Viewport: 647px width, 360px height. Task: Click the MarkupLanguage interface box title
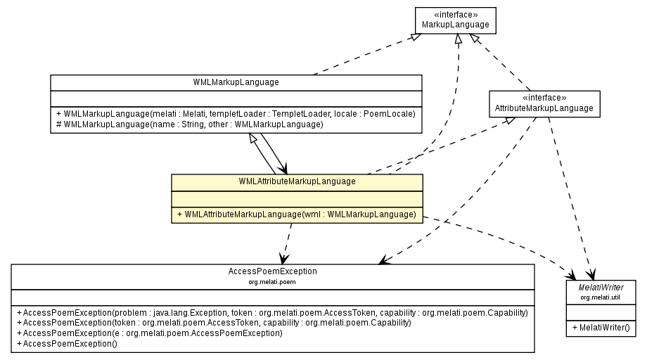[455, 25]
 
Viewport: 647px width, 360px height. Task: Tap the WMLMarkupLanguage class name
[236, 82]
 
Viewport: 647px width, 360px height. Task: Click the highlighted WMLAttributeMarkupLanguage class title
[297, 181]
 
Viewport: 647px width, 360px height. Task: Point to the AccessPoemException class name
[272, 271]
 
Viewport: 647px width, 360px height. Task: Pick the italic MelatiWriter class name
[601, 288]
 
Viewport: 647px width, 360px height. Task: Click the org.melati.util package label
[601, 298]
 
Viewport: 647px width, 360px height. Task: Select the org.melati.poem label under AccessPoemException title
[272, 281]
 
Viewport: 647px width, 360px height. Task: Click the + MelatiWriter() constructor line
[601, 328]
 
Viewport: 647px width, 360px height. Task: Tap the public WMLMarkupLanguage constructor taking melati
[236, 113]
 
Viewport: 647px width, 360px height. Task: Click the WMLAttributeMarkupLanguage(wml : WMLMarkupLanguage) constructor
[297, 214]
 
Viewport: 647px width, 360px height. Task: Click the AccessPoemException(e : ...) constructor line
[152, 333]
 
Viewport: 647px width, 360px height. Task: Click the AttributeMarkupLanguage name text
[544, 108]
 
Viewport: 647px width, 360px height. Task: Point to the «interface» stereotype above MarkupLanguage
[455, 15]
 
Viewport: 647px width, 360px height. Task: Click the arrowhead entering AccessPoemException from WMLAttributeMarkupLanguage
[282, 258]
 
